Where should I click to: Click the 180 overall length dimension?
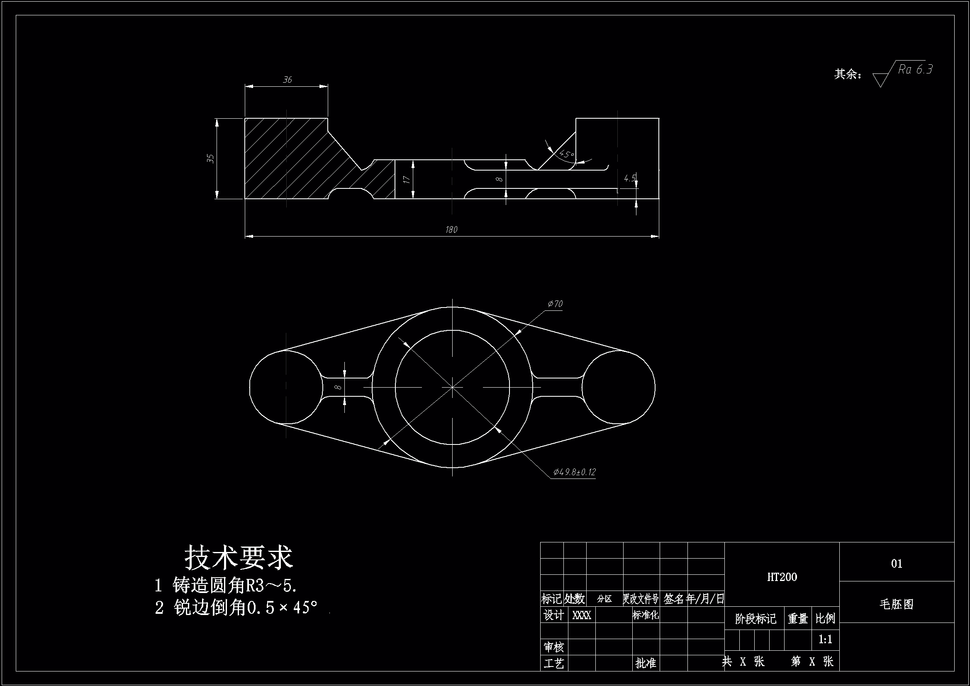click(451, 229)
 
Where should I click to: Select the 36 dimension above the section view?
click(287, 80)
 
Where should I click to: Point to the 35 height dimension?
click(211, 159)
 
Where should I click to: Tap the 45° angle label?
click(566, 154)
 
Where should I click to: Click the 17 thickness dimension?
click(407, 179)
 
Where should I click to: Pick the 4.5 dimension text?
click(630, 179)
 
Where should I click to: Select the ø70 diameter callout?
click(555, 304)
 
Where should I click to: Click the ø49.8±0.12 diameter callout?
click(575, 472)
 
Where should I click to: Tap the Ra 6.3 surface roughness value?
click(915, 69)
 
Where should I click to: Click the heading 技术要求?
click(239, 557)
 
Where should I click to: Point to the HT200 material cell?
click(782, 577)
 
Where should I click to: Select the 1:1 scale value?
click(825, 640)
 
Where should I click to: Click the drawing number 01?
click(897, 564)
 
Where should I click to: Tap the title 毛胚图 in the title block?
click(897, 604)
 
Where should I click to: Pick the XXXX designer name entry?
click(581, 615)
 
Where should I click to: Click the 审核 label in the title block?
click(553, 647)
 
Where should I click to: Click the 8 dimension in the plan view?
click(338, 387)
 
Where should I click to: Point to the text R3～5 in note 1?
click(271, 586)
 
